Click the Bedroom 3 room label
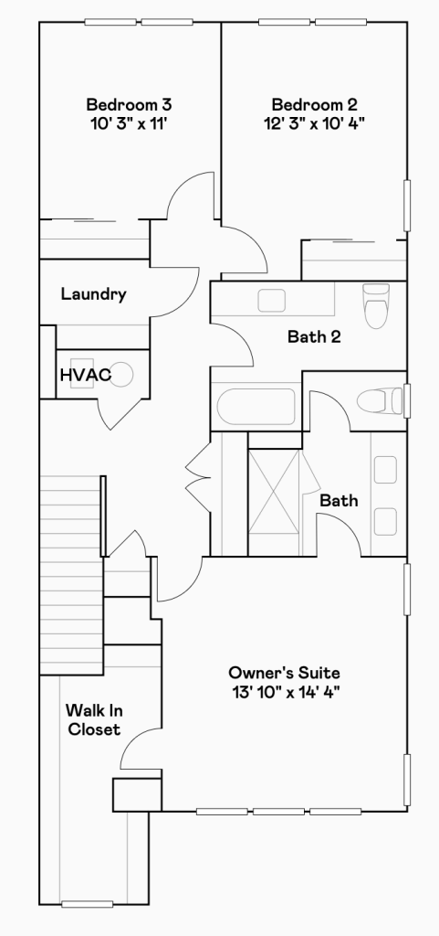130,105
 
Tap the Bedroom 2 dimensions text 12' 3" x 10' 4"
315,123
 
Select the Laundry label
93,294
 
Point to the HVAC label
86,376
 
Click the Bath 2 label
314,336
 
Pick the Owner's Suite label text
284,674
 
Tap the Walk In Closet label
94,720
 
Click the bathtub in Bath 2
256,407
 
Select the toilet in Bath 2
376,305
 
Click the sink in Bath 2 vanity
272,300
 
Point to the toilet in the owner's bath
381,400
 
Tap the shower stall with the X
274,491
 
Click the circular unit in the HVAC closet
122,374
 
